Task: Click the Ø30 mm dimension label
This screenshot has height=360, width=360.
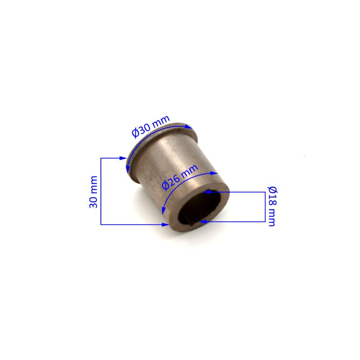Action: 151,126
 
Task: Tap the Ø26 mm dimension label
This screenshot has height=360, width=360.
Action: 180,177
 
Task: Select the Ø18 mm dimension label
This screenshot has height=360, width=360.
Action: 273,206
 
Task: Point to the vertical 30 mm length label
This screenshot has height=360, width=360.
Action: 93,192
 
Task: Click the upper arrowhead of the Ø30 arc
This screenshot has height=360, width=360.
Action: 189,127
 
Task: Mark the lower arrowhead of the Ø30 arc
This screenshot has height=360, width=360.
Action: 128,169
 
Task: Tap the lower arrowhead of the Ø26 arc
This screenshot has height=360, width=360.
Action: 163,211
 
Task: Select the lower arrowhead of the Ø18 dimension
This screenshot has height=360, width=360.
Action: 203,221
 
